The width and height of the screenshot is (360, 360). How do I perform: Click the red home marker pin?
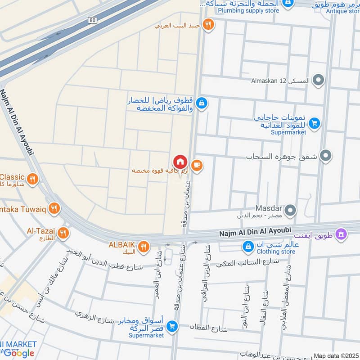pos(180,162)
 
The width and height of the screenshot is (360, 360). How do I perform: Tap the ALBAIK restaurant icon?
pos(144,246)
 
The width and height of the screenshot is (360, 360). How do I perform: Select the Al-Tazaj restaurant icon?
pos(63,233)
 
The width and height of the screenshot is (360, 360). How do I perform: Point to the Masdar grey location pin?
pos(291,210)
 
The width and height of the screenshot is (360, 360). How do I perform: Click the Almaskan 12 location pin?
pos(319,81)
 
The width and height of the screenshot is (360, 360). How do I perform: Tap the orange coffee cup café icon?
pos(197,166)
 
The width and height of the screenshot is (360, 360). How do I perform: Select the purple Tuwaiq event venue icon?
pos(342,234)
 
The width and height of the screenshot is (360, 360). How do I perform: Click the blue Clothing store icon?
pos(247,246)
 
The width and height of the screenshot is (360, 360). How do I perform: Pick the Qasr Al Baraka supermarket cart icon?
pos(171,326)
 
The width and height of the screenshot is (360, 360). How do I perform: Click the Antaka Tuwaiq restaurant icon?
pos(54,208)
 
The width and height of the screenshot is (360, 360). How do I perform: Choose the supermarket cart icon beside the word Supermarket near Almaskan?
pos(315,122)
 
